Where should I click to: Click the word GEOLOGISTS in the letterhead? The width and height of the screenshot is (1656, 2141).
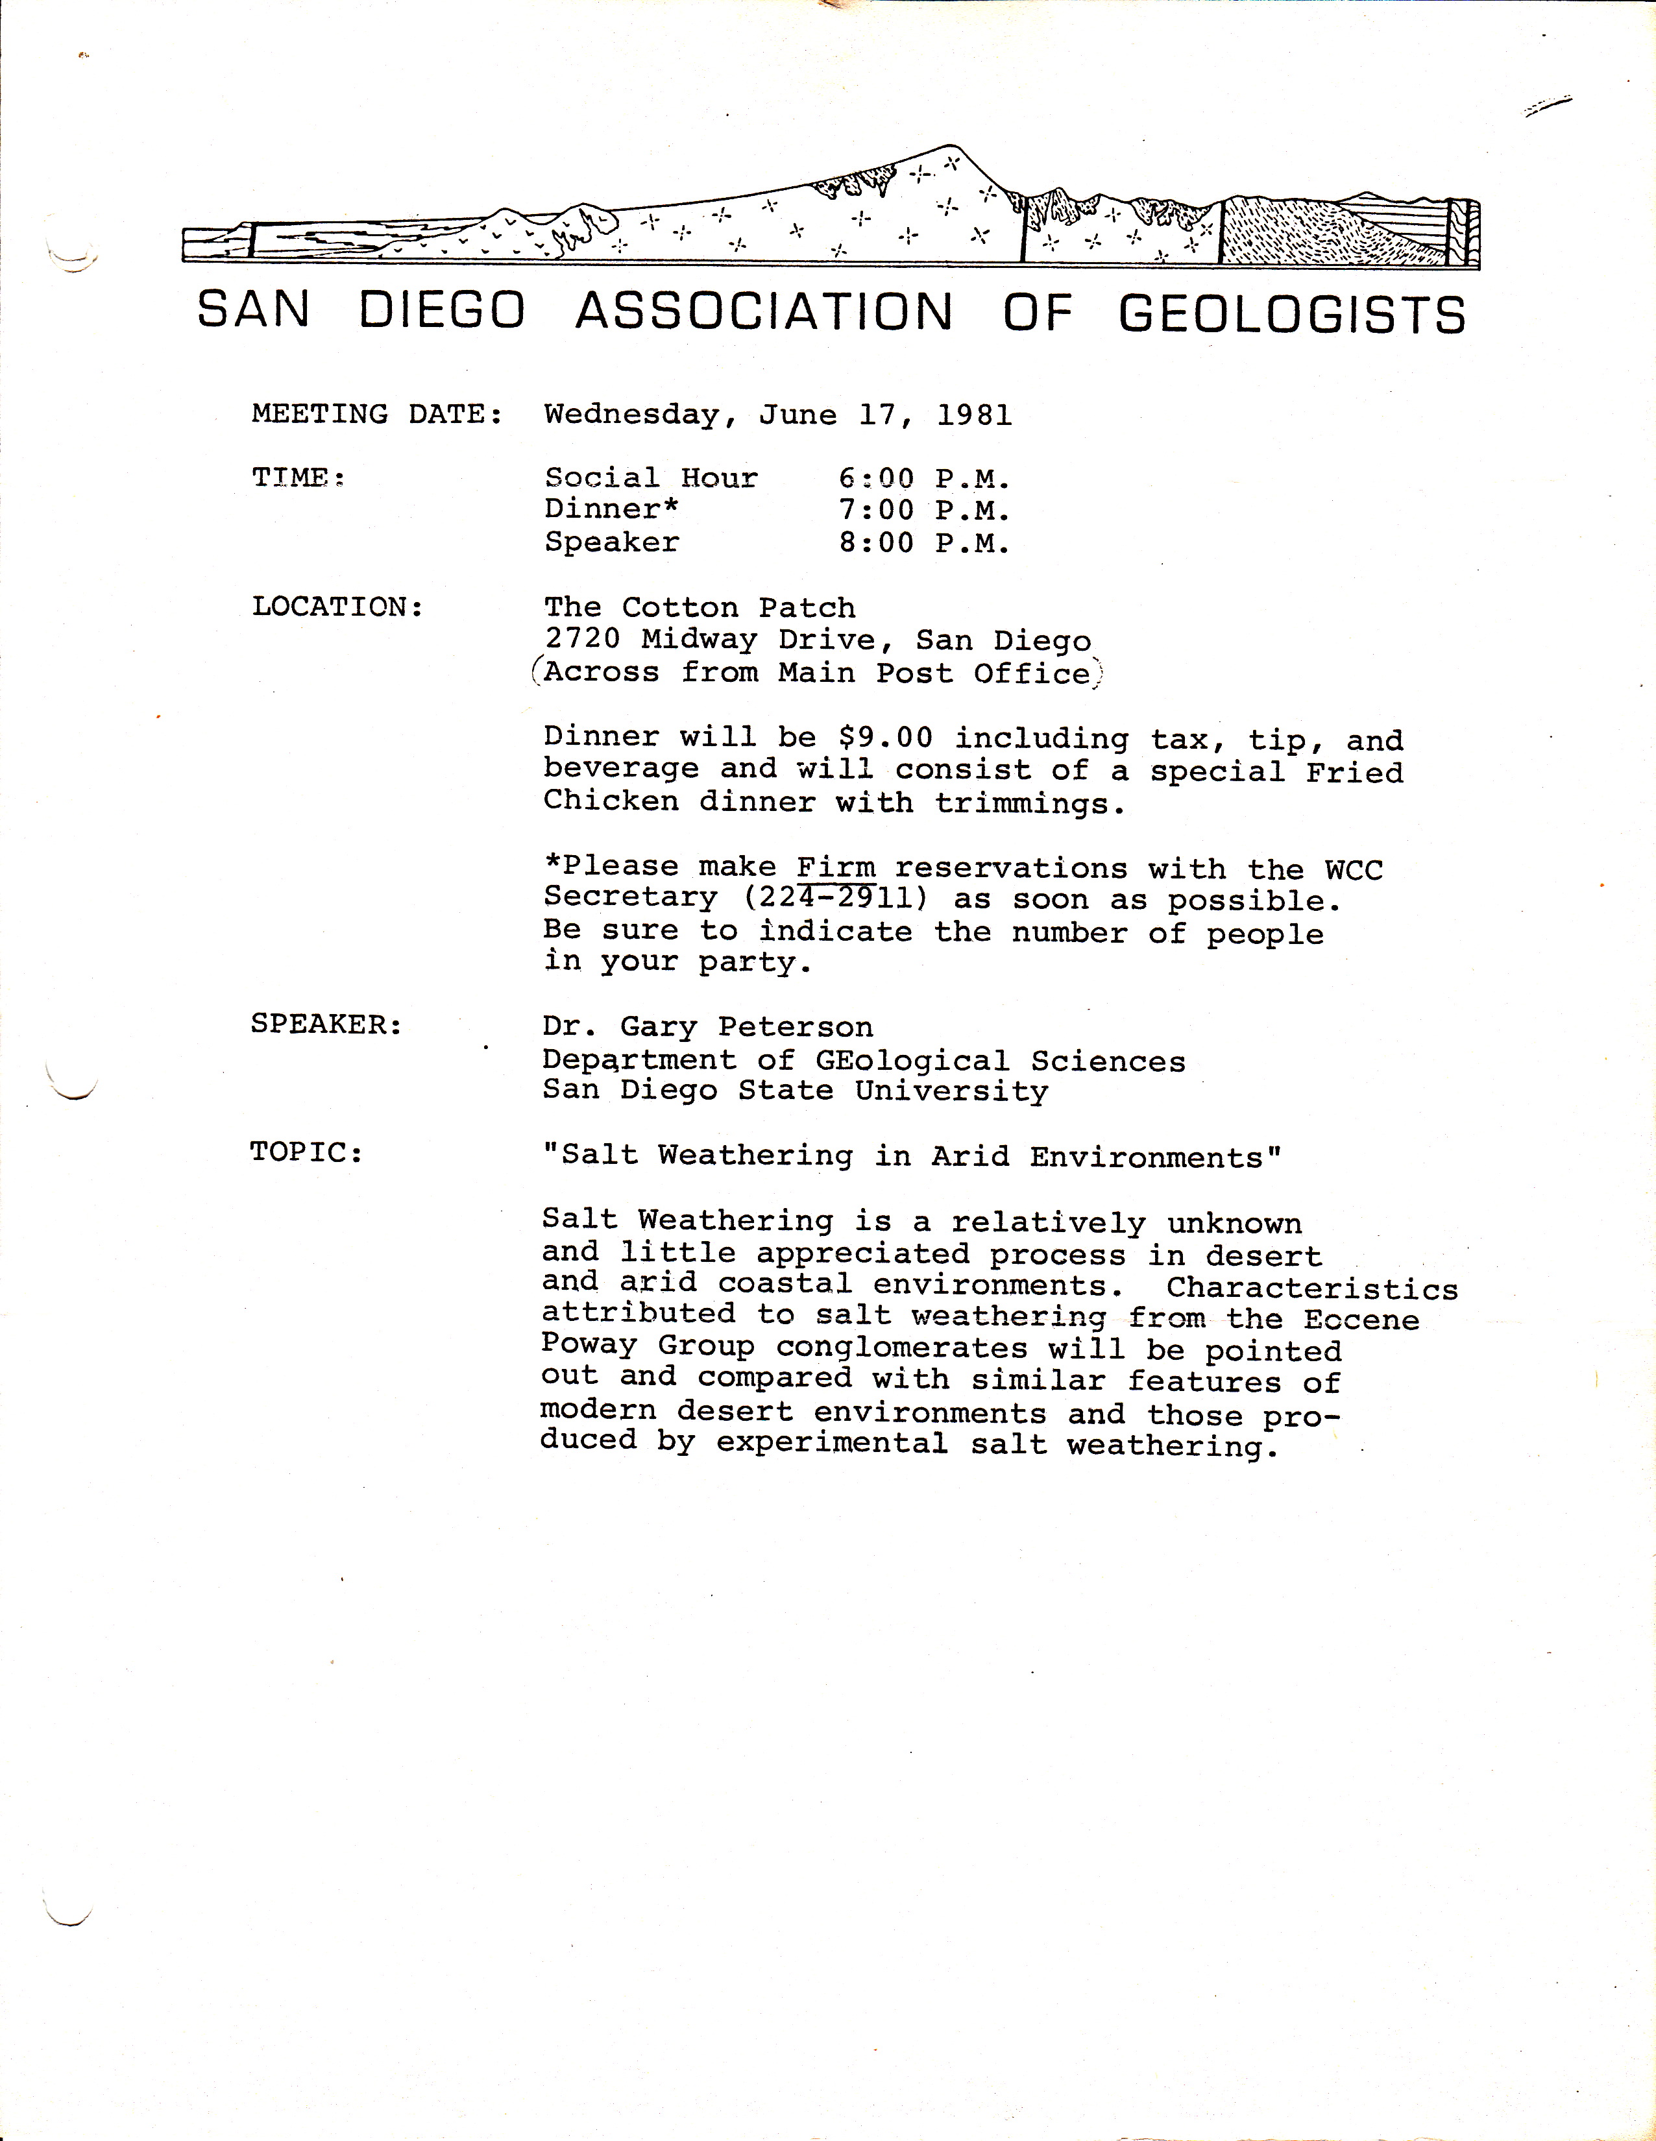(x=1291, y=314)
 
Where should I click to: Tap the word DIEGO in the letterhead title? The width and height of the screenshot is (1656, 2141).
(x=442, y=311)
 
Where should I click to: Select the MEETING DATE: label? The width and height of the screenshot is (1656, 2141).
(x=378, y=414)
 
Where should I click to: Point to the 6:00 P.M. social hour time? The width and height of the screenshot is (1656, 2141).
(x=923, y=478)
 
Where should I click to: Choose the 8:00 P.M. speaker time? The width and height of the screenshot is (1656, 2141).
(x=923, y=543)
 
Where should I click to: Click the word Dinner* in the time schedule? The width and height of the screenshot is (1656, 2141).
(x=611, y=510)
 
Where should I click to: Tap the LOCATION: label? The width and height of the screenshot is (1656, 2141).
(x=337, y=607)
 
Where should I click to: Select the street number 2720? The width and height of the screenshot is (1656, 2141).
(x=583, y=639)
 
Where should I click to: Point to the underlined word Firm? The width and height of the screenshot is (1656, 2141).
(x=835, y=867)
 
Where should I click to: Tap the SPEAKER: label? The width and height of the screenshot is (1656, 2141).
(x=326, y=1024)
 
